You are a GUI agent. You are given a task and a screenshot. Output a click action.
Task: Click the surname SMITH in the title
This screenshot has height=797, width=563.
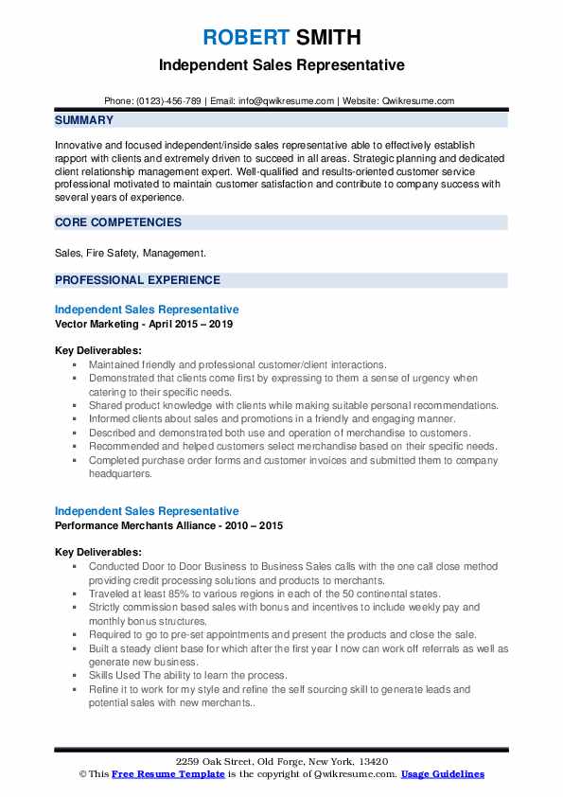click(326, 38)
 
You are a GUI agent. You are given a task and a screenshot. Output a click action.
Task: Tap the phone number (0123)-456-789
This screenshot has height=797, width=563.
click(167, 100)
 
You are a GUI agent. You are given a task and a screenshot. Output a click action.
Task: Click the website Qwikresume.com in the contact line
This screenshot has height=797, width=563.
click(418, 100)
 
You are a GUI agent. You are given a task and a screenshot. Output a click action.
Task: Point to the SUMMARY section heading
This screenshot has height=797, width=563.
click(84, 121)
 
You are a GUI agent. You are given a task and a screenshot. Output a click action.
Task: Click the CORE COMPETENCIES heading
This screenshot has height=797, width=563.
click(118, 223)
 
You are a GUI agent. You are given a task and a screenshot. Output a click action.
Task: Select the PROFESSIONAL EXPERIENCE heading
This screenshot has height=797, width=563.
click(137, 280)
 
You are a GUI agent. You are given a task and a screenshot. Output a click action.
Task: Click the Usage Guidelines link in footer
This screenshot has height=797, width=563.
click(442, 774)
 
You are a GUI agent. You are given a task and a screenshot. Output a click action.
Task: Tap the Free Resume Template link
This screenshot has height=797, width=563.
click(156, 774)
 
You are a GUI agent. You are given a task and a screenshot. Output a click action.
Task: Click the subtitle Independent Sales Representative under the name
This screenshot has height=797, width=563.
click(281, 65)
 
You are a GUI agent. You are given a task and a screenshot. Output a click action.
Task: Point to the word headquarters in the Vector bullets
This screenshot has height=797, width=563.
click(119, 473)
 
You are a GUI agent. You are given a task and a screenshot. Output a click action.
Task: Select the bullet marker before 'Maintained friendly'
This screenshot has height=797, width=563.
click(74, 364)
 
